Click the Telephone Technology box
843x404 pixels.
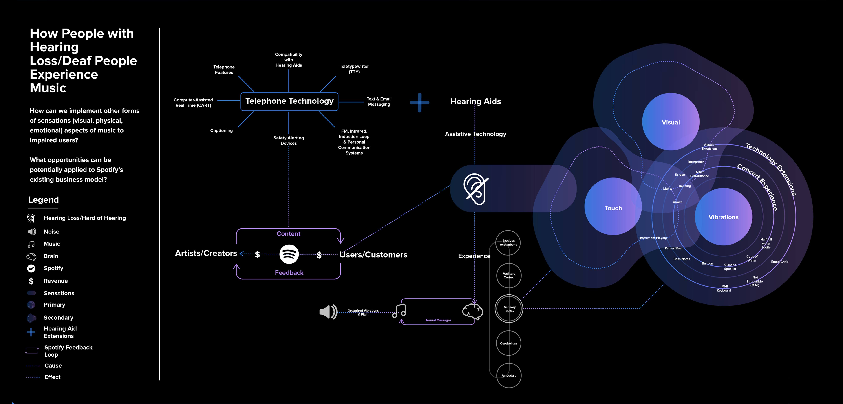pos(289,101)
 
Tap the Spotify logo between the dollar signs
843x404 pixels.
pos(289,254)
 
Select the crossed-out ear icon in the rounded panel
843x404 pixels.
pos(475,189)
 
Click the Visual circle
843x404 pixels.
pos(671,122)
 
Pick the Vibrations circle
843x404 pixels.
pos(723,217)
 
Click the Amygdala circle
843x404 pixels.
pos(509,375)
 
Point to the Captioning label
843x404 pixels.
pos(221,130)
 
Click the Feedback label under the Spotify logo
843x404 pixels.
pos(289,273)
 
